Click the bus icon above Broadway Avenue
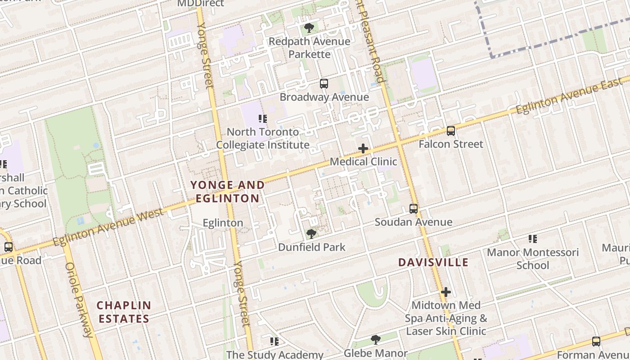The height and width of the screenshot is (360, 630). pos(324,83)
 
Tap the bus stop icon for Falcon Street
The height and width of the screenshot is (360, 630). pos(450,130)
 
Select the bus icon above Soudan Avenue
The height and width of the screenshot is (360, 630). pos(413,209)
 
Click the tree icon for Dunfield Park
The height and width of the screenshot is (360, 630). pos(311,234)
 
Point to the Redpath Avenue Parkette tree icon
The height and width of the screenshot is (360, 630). pos(309,28)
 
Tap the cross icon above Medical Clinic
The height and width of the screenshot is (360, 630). pos(363,148)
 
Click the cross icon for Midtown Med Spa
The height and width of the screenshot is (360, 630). pos(445,292)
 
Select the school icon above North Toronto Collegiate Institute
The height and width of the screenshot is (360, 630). pos(262,119)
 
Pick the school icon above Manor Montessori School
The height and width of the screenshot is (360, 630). pos(532,238)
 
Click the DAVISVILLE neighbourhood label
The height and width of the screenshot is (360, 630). pos(433,262)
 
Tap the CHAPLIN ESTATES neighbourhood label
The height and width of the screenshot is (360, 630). pos(124,312)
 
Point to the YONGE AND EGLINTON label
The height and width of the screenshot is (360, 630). pos(227,192)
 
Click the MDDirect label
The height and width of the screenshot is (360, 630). pos(200,4)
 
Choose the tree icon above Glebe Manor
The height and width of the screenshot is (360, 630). pos(375,340)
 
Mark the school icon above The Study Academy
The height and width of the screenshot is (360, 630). pos(274,342)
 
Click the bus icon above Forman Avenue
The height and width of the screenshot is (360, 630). pos(596,341)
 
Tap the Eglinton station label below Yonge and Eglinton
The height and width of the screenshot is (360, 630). pos(223,223)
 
